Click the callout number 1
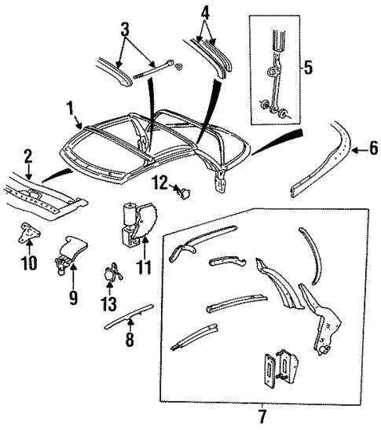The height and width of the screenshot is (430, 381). tap(70, 107)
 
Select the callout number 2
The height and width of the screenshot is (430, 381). tap(27, 156)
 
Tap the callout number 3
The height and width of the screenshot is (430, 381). tap(123, 31)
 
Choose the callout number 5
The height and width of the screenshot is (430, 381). tap(308, 68)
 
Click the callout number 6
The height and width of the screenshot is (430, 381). tap(372, 146)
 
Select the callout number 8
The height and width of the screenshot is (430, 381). tap(130, 340)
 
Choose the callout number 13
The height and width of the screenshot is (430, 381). tap(108, 303)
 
